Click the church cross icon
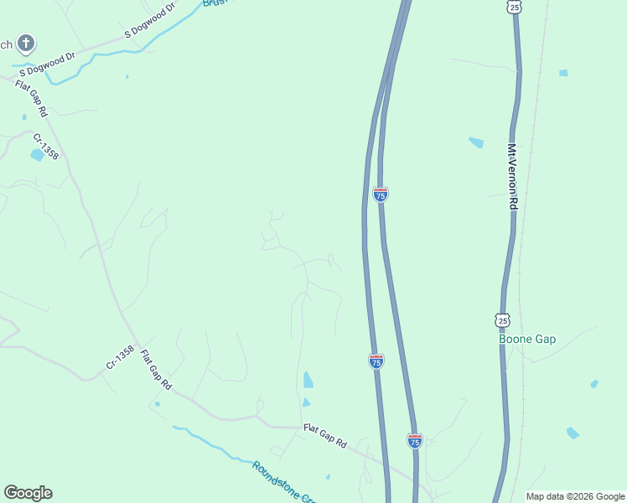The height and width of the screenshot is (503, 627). pyautogui.click(x=26, y=43)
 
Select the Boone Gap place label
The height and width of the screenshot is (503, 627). pyautogui.click(x=527, y=340)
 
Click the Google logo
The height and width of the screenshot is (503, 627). pyautogui.click(x=28, y=493)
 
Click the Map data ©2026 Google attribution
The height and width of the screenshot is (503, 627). pyautogui.click(x=574, y=496)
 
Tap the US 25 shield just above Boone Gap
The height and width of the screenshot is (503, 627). pyautogui.click(x=502, y=320)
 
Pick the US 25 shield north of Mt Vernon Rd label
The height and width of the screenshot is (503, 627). pyautogui.click(x=515, y=7)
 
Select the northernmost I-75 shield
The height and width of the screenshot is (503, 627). pyautogui.click(x=381, y=194)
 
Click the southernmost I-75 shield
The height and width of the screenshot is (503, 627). pyautogui.click(x=415, y=440)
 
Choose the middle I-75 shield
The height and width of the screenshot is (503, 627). pyautogui.click(x=376, y=360)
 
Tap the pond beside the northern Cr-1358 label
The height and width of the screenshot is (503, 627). pyautogui.click(x=37, y=155)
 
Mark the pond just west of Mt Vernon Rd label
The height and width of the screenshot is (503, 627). pyautogui.click(x=476, y=143)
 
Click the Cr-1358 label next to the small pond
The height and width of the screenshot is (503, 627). pyautogui.click(x=45, y=146)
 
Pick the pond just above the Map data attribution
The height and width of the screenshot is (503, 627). pyautogui.click(x=573, y=433)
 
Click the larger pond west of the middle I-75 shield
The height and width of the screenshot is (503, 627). pyautogui.click(x=308, y=380)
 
